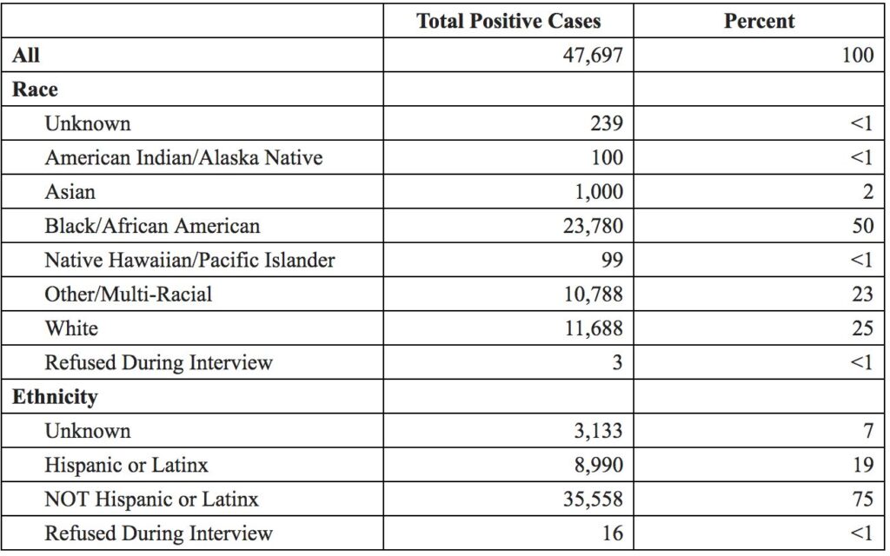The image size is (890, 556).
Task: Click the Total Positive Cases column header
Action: (x=508, y=21)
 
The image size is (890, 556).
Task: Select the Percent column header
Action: (x=759, y=21)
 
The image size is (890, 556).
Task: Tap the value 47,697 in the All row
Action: (x=593, y=56)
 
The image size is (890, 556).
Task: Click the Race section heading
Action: (x=35, y=89)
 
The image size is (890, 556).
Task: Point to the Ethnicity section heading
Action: (x=55, y=396)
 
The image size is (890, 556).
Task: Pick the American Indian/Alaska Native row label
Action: (x=183, y=157)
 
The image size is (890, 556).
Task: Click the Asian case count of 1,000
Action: (x=599, y=192)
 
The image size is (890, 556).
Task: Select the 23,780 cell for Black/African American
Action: (x=593, y=226)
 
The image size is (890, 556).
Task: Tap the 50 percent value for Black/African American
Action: (x=863, y=226)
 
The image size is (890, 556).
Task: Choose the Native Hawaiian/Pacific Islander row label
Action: (x=189, y=260)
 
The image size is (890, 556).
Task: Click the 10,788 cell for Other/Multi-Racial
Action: (x=593, y=294)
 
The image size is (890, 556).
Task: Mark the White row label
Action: (x=71, y=328)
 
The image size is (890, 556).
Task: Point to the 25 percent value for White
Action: (x=863, y=328)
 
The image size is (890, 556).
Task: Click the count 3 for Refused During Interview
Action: (x=618, y=362)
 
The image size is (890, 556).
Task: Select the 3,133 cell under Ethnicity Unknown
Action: (x=598, y=431)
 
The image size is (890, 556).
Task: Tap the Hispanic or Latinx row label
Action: (x=126, y=466)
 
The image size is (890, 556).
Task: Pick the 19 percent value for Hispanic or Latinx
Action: (x=863, y=465)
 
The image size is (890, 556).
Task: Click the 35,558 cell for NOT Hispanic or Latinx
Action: (x=593, y=499)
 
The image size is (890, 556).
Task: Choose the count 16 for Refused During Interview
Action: (x=613, y=533)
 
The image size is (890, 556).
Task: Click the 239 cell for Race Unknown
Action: (x=607, y=123)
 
